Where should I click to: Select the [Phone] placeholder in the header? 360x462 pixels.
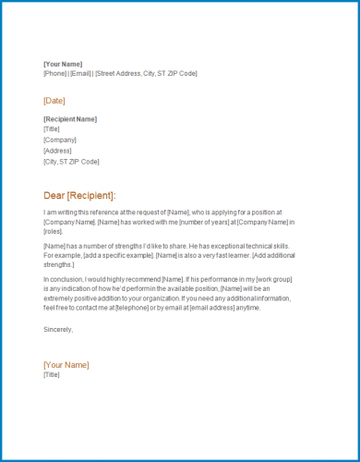[54, 73]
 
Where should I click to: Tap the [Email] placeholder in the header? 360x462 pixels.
[80, 73]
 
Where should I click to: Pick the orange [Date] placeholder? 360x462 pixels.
[54, 101]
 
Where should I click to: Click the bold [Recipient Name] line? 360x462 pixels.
[70, 119]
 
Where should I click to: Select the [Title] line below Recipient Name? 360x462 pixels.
[52, 129]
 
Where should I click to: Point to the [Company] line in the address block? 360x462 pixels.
[58, 140]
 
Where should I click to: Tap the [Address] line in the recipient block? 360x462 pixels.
[57, 151]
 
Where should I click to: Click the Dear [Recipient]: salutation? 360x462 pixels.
[79, 195]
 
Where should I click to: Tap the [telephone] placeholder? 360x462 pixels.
[154, 307]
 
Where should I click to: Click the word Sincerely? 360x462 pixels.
[58, 328]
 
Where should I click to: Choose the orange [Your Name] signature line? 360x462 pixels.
[66, 365]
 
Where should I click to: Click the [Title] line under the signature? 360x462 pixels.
[52, 375]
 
